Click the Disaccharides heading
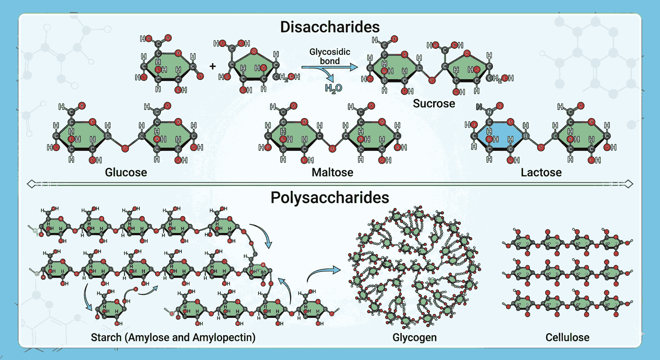coord(330,26)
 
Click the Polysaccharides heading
coord(330,198)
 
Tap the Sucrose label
coord(434,103)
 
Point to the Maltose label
coord(332,172)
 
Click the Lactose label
coord(541,172)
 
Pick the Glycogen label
coord(414,337)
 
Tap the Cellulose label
coord(568,337)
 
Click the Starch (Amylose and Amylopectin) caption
coord(173,337)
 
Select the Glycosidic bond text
coord(330,56)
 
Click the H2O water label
coord(333,88)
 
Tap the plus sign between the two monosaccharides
coord(213,67)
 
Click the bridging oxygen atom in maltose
coord(333,149)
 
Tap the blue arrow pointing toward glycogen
coord(324,273)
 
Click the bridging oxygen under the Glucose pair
coord(125,149)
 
